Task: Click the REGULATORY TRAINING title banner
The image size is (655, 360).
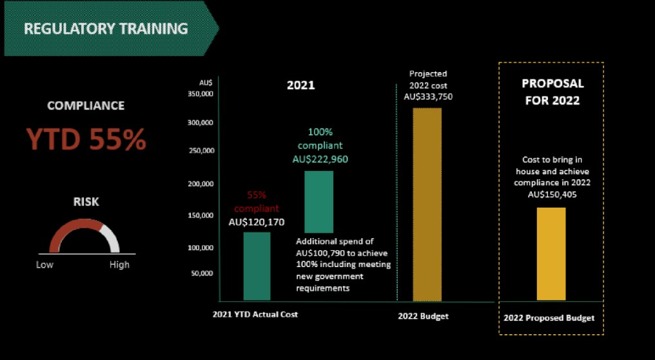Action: click(x=106, y=29)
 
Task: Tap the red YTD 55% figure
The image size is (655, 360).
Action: click(x=86, y=139)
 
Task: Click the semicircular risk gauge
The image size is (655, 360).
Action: click(x=84, y=236)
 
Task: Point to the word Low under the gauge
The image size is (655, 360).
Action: click(x=45, y=265)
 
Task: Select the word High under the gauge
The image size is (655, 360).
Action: click(x=119, y=265)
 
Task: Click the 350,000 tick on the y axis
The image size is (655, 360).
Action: click(x=203, y=94)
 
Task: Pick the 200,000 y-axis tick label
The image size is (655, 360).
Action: click(x=203, y=184)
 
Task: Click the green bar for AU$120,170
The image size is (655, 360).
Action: click(x=257, y=266)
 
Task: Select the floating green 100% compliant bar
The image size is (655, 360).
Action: click(x=318, y=201)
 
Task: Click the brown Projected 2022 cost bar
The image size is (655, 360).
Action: click(x=427, y=204)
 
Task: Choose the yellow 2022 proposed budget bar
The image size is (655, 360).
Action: click(x=551, y=254)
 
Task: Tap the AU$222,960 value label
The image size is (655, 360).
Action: click(x=320, y=159)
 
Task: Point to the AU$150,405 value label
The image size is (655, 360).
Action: click(x=552, y=194)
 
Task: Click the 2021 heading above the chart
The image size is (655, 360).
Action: click(x=300, y=85)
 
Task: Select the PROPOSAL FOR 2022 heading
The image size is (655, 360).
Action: click(x=552, y=92)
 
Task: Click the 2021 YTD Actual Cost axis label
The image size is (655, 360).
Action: click(x=255, y=315)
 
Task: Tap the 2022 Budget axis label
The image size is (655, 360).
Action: click(x=423, y=316)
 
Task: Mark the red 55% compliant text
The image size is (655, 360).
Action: click(x=257, y=201)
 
